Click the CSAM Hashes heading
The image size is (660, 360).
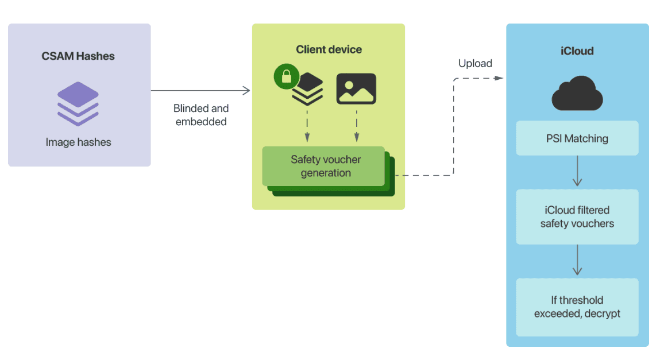[x=78, y=56]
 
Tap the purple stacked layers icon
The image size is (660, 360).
[x=78, y=103]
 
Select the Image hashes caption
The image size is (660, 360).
[x=78, y=142]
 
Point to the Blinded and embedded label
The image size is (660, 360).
[x=201, y=115]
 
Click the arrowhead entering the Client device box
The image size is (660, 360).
[x=246, y=90]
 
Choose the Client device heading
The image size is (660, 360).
[x=329, y=49]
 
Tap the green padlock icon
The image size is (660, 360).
[x=287, y=77]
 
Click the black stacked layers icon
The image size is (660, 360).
[x=308, y=90]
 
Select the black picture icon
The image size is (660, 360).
[x=356, y=88]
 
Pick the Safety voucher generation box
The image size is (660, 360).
[x=325, y=166]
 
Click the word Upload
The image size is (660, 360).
[x=475, y=63]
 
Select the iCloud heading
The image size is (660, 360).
[x=577, y=51]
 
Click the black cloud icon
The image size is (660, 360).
[x=577, y=95]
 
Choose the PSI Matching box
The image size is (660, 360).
[x=577, y=138]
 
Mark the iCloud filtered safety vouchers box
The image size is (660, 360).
[x=577, y=217]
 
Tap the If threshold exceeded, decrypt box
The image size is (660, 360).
[x=577, y=307]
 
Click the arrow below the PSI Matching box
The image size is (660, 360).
[x=577, y=172]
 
